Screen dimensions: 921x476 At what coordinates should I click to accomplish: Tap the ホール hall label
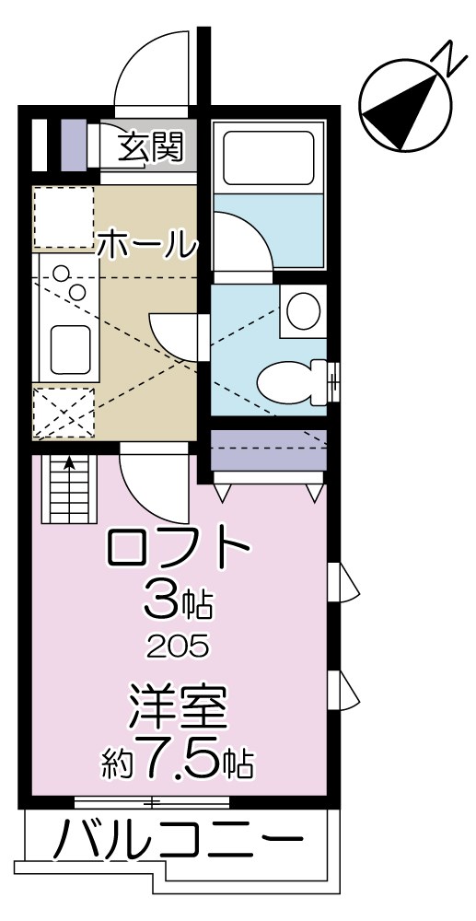147,244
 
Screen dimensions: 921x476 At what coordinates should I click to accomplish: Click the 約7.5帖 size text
178,761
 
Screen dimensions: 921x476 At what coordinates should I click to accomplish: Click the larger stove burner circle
61,274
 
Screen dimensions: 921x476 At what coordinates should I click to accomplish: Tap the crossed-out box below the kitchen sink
64,412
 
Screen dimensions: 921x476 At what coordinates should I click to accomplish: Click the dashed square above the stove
64,217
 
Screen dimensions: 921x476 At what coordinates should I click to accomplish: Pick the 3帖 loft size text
179,604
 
